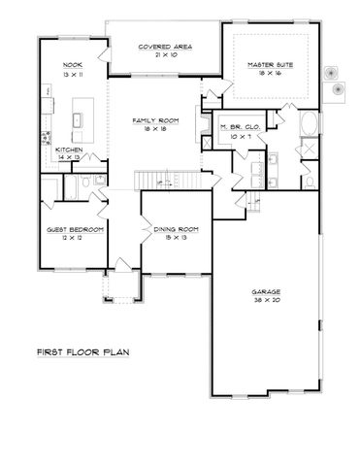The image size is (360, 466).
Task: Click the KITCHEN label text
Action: tap(67, 149)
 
